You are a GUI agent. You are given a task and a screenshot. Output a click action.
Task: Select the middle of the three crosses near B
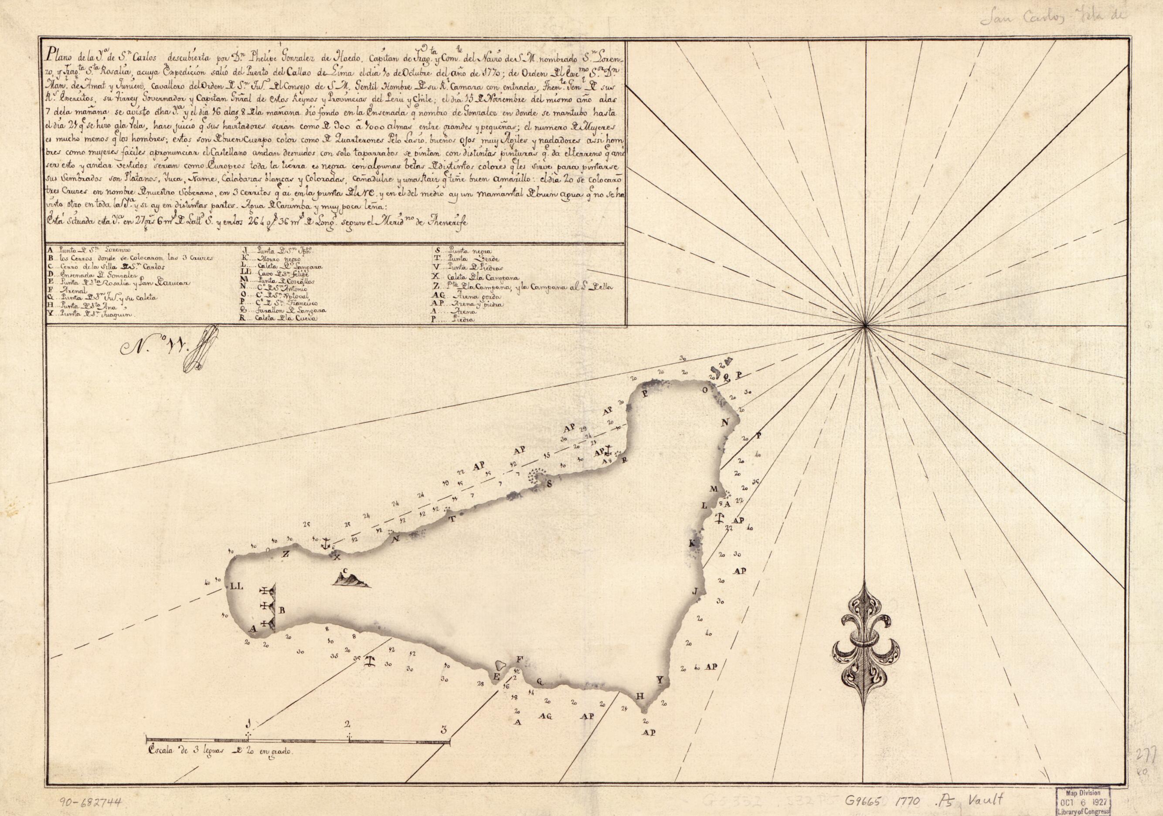coord(267,606)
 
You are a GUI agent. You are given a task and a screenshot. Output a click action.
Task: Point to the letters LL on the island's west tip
coord(237,587)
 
